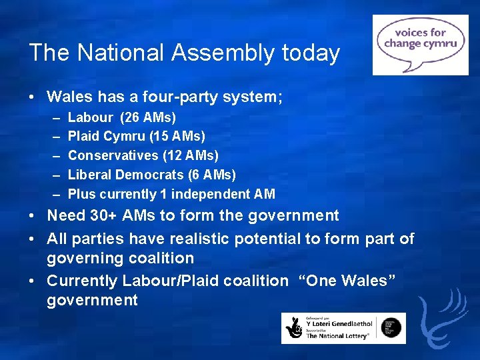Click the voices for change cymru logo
tap(420, 45)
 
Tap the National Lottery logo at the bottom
tap(343, 328)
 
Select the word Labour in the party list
tap(91, 118)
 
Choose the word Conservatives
tap(113, 156)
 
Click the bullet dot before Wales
tap(33, 97)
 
